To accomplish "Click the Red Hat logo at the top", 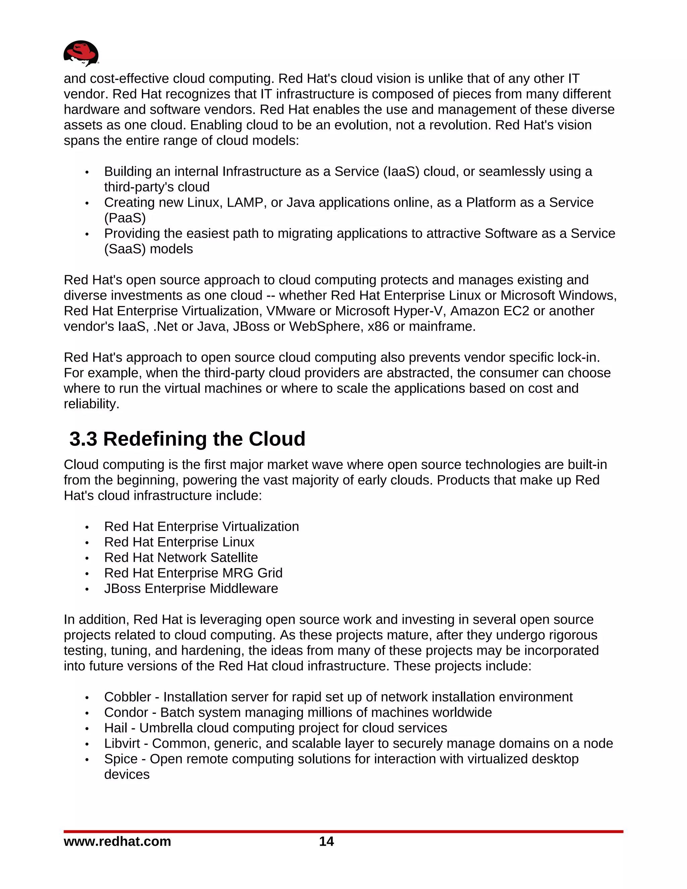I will (81, 53).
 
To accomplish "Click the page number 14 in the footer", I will (326, 841).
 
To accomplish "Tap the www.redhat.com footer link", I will (117, 841).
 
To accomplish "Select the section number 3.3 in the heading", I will (84, 439).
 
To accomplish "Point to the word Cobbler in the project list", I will (127, 697).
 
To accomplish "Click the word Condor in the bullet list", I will (126, 712).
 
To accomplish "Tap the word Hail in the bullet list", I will (116, 728).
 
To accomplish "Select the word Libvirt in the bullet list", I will (122, 743).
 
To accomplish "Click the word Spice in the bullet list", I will (120, 759).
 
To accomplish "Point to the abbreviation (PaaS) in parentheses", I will (125, 218).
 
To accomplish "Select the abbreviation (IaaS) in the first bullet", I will (401, 172).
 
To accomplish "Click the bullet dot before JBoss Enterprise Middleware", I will (87, 589).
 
